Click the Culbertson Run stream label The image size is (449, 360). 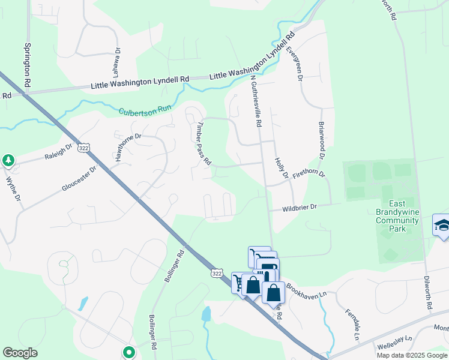pos(145,112)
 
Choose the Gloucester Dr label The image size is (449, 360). pos(79,179)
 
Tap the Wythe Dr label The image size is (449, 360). pos(13,188)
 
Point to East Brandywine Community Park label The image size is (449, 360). pos(397,216)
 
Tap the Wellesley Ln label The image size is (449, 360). pos(393,344)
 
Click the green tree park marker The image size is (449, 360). pos(8,160)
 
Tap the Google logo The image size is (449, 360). pos(20,353)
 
